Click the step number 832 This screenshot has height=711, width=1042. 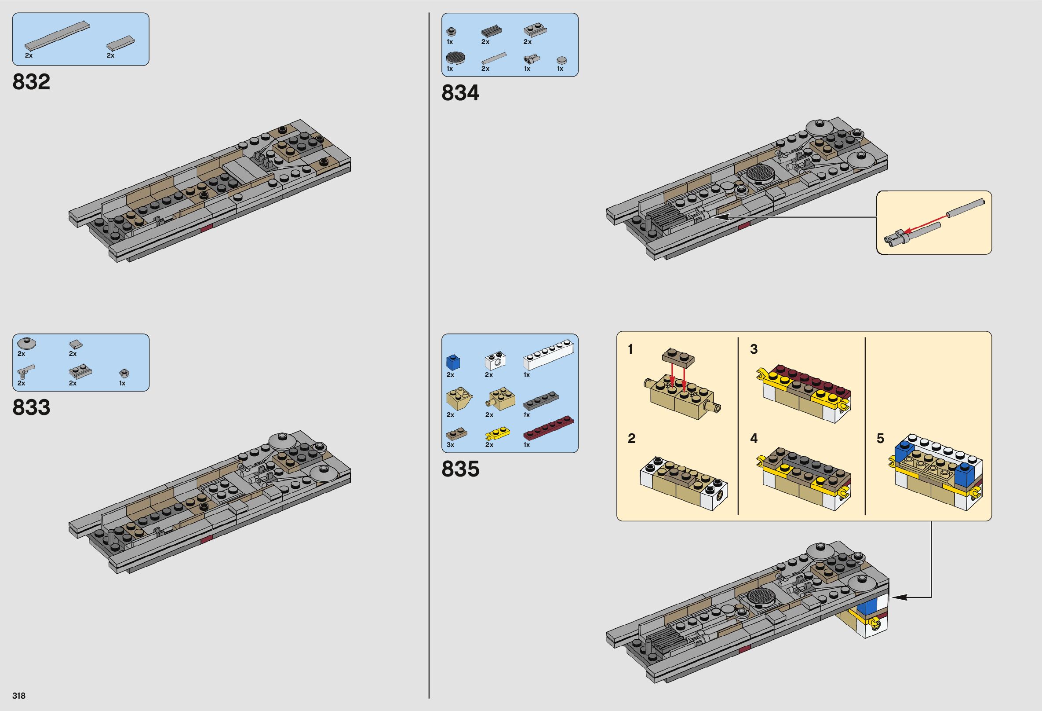click(31, 82)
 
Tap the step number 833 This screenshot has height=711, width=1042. click(31, 407)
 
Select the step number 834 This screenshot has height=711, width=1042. click(460, 93)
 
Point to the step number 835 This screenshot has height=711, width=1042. click(460, 469)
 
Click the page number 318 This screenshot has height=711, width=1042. click(19, 696)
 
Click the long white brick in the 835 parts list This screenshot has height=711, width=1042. click(548, 361)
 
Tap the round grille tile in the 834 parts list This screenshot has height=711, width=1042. click(455, 58)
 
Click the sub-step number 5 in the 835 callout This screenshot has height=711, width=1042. click(880, 439)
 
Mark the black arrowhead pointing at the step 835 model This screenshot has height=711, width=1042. click(896, 597)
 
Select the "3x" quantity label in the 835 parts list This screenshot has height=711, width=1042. click(451, 445)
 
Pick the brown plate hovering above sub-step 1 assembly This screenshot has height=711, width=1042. click(678, 355)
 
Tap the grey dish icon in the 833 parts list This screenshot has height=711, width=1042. click(26, 344)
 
